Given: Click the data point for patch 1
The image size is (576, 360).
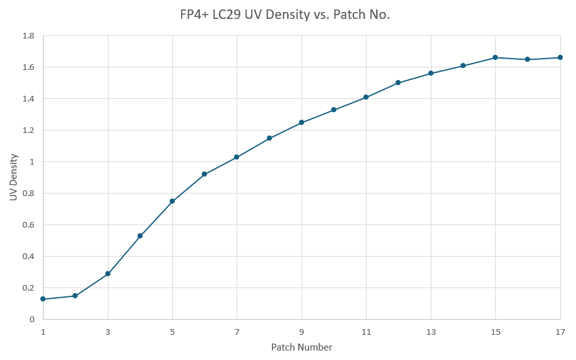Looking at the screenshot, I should pyautogui.click(x=43, y=299).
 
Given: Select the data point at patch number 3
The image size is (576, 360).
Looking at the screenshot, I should pyautogui.click(x=108, y=274).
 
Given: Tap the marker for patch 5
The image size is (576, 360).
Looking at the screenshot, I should pyautogui.click(x=172, y=201).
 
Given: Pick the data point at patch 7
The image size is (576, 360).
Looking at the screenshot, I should pyautogui.click(x=237, y=157).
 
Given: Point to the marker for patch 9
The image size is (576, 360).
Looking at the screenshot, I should pyautogui.click(x=302, y=122).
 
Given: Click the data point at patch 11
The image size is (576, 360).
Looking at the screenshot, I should pyautogui.click(x=366, y=97).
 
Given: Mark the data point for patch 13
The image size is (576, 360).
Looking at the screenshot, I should pyautogui.click(x=431, y=73).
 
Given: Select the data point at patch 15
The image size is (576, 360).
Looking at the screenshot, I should pyautogui.click(x=495, y=57).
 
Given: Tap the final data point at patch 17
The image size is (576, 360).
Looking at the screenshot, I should pyautogui.click(x=560, y=57).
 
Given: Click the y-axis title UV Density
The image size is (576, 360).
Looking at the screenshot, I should pyautogui.click(x=13, y=178).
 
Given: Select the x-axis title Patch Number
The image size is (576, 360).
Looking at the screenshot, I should pyautogui.click(x=302, y=347).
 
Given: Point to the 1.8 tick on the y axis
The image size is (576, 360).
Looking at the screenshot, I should pyautogui.click(x=28, y=36).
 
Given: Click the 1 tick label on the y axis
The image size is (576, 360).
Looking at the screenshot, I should pyautogui.click(x=32, y=162).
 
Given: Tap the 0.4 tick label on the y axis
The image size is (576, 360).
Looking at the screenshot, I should pyautogui.click(x=28, y=257).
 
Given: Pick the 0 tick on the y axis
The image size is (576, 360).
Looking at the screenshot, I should pyautogui.click(x=32, y=320).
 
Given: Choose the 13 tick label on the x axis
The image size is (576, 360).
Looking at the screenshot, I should pyautogui.click(x=431, y=332).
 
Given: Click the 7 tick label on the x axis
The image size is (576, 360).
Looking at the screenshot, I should pyautogui.click(x=237, y=332).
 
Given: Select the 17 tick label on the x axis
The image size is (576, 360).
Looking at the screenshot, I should pyautogui.click(x=560, y=332).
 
